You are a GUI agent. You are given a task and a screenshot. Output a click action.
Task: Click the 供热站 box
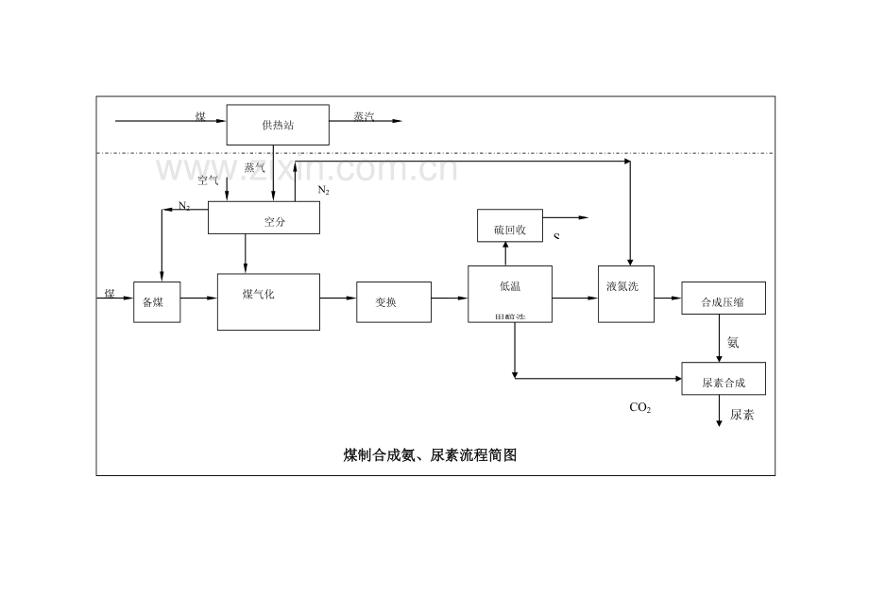pyautogui.click(x=278, y=124)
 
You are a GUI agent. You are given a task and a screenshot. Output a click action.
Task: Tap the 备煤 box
pyautogui.click(x=156, y=301)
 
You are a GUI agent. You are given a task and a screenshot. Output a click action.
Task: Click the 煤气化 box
pyautogui.click(x=268, y=301)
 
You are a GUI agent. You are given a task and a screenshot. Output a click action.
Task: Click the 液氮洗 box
pyautogui.click(x=625, y=294)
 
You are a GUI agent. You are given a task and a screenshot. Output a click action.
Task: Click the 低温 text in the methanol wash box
pyautogui.click(x=510, y=286)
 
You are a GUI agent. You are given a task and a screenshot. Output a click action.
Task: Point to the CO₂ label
pyautogui.click(x=640, y=408)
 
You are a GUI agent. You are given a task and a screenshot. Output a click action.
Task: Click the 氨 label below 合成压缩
pyautogui.click(x=733, y=342)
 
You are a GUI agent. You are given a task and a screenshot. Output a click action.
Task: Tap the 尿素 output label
pyautogui.click(x=741, y=415)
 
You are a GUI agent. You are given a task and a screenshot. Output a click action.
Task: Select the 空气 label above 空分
pyautogui.click(x=209, y=179)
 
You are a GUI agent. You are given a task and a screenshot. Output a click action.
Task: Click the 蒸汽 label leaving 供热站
pyautogui.click(x=364, y=116)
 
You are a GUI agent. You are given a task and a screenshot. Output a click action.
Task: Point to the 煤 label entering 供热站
pyautogui.click(x=200, y=116)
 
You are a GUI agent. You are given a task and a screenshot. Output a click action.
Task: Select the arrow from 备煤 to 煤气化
pyautogui.click(x=198, y=299)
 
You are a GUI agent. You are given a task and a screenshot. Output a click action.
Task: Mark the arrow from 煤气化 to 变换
pyautogui.click(x=338, y=299)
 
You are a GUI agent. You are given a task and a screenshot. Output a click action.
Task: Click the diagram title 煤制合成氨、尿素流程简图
pyautogui.click(x=430, y=455)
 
